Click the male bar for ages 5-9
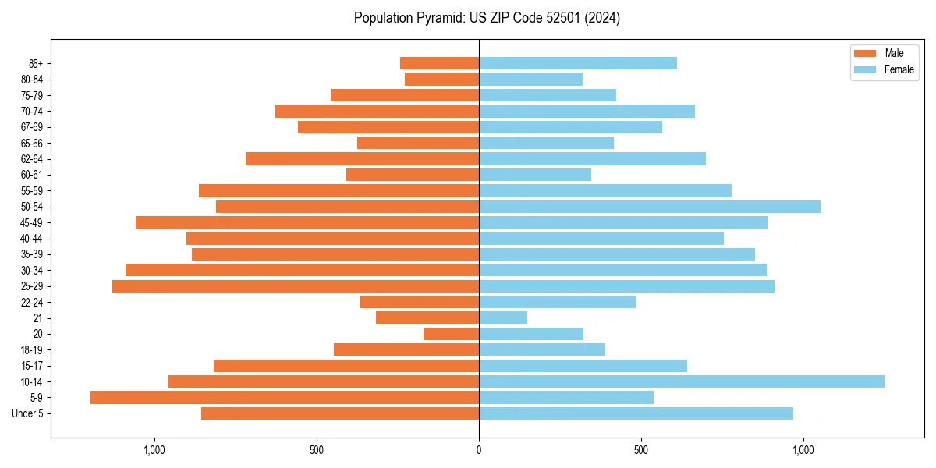click(x=285, y=398)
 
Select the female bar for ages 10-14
click(x=682, y=381)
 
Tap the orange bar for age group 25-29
click(x=296, y=286)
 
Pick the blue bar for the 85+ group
click(x=578, y=63)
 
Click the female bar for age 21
click(x=503, y=318)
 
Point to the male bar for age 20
click(x=451, y=334)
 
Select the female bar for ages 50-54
click(x=650, y=207)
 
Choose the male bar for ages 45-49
click(x=307, y=222)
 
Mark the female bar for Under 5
click(x=636, y=413)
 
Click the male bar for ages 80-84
click(x=441, y=79)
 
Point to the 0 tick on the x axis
click(x=479, y=450)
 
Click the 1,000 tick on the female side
click(x=803, y=450)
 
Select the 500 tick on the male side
click(x=317, y=450)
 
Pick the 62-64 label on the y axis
click(x=32, y=159)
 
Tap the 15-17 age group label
click(x=32, y=366)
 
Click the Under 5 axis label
click(x=28, y=413)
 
